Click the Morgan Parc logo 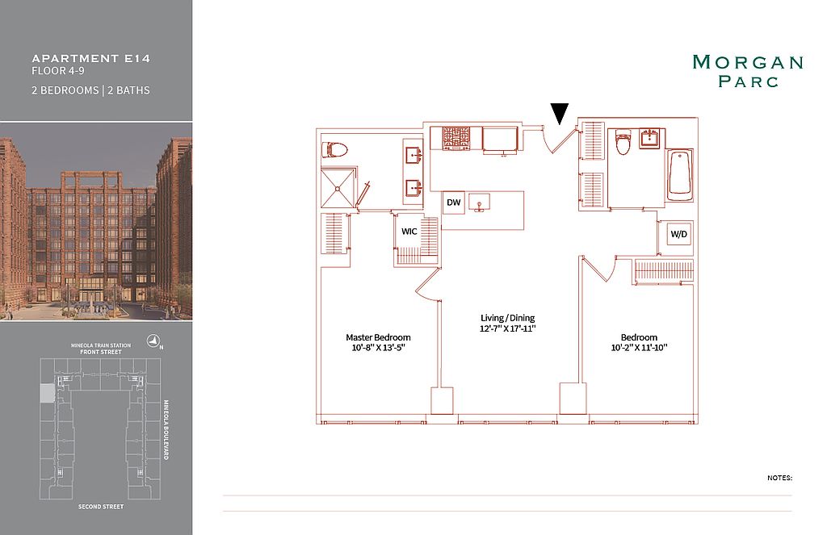tap(748, 71)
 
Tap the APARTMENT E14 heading tap(91, 59)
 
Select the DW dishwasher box tap(454, 203)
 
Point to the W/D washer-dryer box tap(679, 234)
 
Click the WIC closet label tap(409, 232)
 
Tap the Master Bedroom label tap(378, 337)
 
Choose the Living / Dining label tap(508, 318)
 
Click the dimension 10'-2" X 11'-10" tap(640, 348)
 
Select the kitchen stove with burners tap(455, 137)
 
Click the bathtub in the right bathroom tap(680, 174)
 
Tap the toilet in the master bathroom tap(335, 150)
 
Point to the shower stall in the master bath tap(338, 188)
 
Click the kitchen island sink tap(480, 203)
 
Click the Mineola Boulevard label tap(166, 430)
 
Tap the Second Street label tap(101, 507)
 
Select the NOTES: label tap(779, 478)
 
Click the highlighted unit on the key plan tap(47, 394)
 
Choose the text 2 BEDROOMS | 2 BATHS tap(90, 90)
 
